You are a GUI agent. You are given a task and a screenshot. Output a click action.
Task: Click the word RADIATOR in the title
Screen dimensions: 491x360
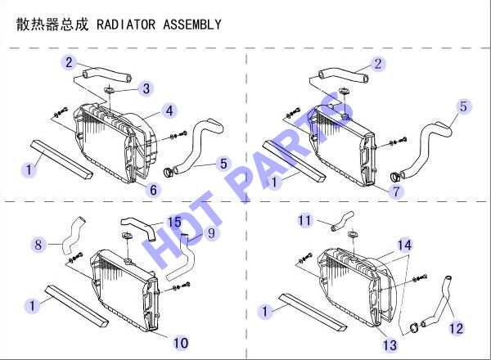tap(126, 25)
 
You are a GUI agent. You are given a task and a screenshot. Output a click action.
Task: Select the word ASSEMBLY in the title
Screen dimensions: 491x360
tap(192, 25)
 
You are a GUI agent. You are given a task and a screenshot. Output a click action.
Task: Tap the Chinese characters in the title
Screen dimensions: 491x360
tap(52, 25)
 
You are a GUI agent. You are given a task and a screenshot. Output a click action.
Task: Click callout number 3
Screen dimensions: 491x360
tap(146, 88)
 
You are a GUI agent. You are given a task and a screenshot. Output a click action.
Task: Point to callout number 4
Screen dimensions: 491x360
tap(169, 110)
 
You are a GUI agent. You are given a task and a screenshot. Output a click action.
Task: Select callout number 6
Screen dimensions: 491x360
tap(154, 190)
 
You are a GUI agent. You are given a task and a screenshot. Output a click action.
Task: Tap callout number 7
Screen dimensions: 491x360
tap(396, 191)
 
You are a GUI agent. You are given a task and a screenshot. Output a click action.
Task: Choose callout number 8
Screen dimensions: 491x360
tap(38, 245)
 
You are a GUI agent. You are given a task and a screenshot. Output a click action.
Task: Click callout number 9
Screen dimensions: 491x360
tap(211, 233)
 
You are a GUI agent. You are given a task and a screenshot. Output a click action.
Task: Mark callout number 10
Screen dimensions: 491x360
tap(181, 343)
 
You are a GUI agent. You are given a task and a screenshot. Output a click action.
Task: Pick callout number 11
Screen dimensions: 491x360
tap(304, 220)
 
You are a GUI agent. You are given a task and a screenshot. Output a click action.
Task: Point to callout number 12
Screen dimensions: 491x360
tap(456, 328)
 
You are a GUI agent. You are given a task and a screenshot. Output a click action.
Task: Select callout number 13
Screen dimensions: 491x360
tap(390, 345)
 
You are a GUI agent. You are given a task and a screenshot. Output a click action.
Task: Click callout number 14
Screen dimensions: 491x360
tap(404, 245)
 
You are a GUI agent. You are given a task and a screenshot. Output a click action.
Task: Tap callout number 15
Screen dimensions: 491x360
tap(174, 223)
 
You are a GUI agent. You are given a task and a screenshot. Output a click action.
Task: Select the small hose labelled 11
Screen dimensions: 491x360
tap(342, 221)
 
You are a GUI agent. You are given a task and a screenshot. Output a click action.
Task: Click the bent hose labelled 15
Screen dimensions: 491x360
tap(138, 226)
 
